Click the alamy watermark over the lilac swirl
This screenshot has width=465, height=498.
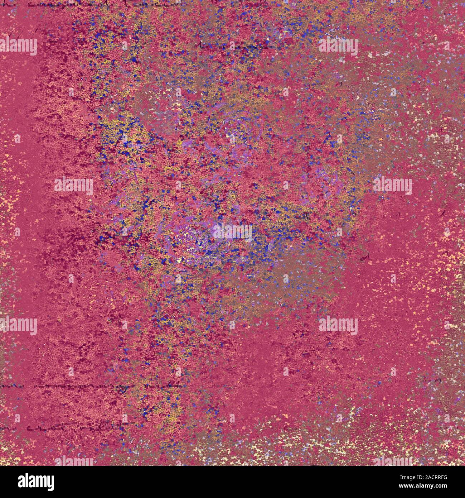(x=233, y=231)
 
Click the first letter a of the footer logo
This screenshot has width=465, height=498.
(x=13, y=482)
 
